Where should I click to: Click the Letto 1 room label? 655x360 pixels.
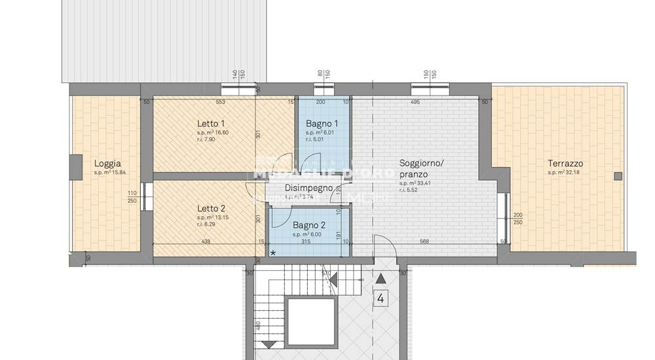pos(211,124)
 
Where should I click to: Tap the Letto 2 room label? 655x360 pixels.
pos(211,209)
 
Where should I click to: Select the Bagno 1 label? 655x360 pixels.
pos(322,124)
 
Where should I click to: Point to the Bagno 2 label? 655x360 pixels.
pos(308,226)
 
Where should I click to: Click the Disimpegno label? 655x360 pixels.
pos(308,188)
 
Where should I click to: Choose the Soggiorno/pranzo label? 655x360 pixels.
pos(422,169)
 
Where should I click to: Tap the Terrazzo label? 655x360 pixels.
pos(567,164)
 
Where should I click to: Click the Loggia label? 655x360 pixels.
pos(107,164)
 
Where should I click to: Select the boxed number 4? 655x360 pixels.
pos(381,299)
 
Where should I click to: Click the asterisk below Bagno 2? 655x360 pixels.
pos(272,253)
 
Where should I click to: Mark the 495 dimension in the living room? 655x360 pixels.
pos(415,102)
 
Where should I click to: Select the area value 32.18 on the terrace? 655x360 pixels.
pos(574,173)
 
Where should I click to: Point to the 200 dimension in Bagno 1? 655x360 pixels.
pos(320,102)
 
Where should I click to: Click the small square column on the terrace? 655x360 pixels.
pos(617,175)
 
